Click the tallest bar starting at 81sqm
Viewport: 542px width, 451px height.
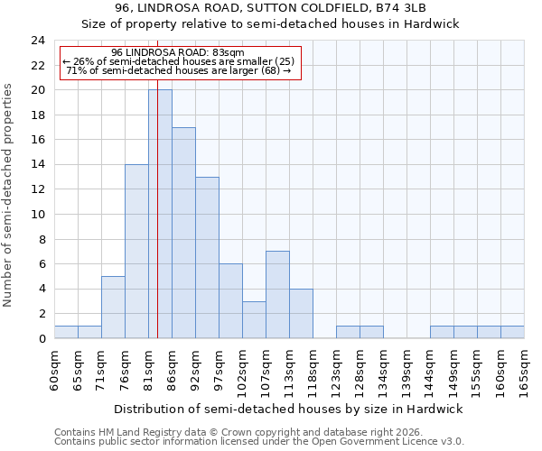point(160,215)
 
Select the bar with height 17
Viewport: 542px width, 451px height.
point(183,233)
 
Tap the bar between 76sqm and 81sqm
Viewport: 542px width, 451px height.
point(136,252)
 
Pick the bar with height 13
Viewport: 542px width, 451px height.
point(207,258)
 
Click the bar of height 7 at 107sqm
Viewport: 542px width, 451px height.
point(277,295)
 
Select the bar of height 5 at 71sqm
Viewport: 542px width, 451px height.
point(113,308)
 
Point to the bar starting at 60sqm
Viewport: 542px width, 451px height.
point(66,332)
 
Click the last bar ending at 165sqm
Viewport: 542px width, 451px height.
point(512,332)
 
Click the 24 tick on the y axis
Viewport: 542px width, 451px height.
point(38,41)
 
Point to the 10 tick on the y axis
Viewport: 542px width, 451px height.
point(38,215)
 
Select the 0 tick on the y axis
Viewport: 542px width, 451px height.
point(41,339)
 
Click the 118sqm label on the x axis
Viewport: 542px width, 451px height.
point(313,368)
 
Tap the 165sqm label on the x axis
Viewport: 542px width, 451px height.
point(524,368)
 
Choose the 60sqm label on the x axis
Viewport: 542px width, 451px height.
point(54,368)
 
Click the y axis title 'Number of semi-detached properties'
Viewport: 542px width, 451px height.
point(9,195)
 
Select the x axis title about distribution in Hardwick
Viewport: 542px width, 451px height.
point(288,409)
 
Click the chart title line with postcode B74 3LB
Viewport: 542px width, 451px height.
point(270,8)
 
